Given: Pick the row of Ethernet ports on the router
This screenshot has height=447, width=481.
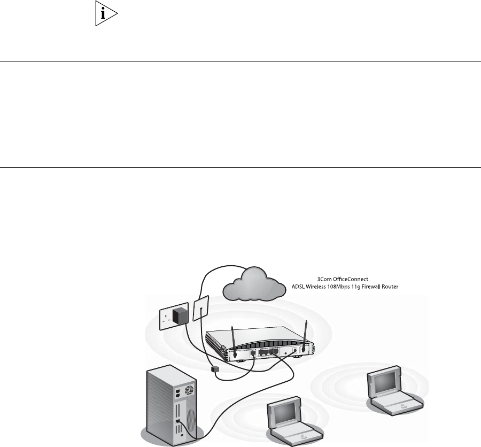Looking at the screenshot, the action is pos(267,351).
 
